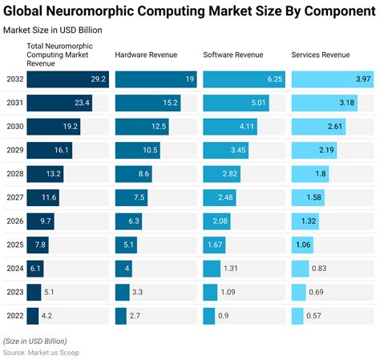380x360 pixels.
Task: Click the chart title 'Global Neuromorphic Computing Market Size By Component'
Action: [189, 10]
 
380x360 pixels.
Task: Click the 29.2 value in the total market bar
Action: [98, 79]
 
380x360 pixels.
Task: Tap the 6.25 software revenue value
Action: [273, 79]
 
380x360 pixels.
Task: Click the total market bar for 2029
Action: [51, 151]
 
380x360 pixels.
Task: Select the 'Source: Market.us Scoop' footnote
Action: [41, 352]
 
